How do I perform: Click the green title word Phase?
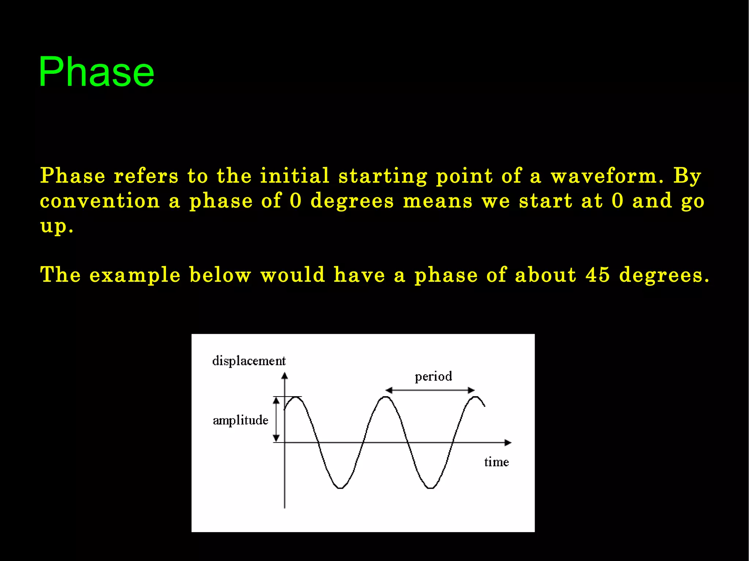(96, 72)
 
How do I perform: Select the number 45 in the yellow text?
(597, 275)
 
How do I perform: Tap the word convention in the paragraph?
(100, 201)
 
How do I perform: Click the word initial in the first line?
(294, 176)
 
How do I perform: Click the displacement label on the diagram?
(249, 361)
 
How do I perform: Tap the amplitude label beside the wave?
(240, 420)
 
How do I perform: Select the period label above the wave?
(433, 376)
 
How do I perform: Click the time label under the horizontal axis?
(496, 462)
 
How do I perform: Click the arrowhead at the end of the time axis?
(508, 443)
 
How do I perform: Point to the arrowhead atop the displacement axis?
(285, 375)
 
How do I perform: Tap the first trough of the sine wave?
(340, 488)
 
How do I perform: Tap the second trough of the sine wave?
(431, 488)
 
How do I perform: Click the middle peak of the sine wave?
(385, 397)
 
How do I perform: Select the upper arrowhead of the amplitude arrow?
(276, 401)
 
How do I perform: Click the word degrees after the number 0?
(352, 201)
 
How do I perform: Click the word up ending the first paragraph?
(53, 226)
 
